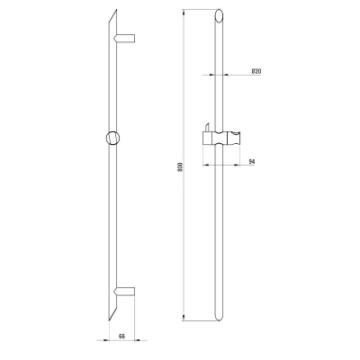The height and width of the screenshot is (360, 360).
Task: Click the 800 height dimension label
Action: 180,167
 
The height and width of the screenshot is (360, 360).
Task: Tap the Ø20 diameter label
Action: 256,71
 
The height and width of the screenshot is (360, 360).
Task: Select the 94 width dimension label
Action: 252,162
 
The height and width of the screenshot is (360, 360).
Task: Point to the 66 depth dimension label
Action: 121,336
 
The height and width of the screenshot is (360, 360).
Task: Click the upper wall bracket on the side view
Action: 124,38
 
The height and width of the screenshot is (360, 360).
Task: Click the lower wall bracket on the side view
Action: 124,292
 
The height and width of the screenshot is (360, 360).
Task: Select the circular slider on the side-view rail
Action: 113,138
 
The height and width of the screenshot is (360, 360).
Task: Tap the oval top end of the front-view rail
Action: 220,15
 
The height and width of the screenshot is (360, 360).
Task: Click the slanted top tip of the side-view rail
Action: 116,10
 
